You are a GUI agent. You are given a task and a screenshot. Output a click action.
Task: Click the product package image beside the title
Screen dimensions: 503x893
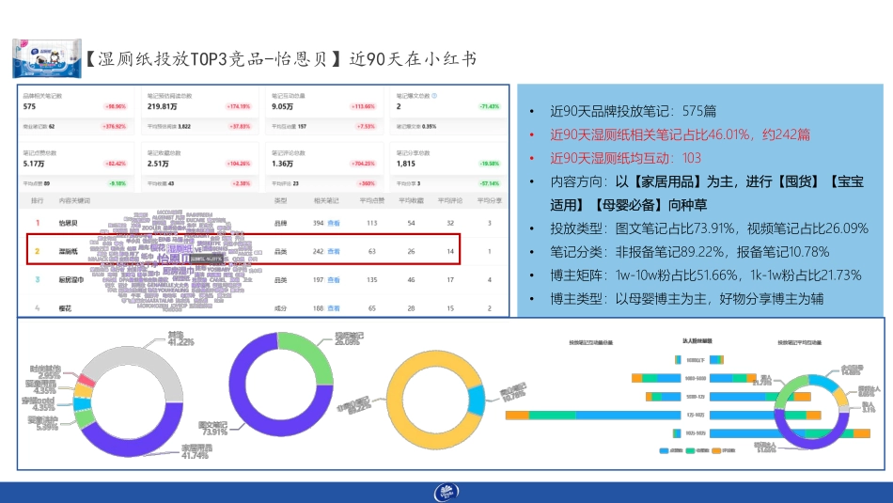(x=40, y=59)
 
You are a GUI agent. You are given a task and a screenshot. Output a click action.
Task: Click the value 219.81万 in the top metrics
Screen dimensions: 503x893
(x=163, y=106)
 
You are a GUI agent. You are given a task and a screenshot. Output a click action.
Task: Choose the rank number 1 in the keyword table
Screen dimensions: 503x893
(x=38, y=223)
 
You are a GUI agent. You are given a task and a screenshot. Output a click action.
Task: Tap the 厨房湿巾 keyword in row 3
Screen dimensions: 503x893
(x=70, y=279)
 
